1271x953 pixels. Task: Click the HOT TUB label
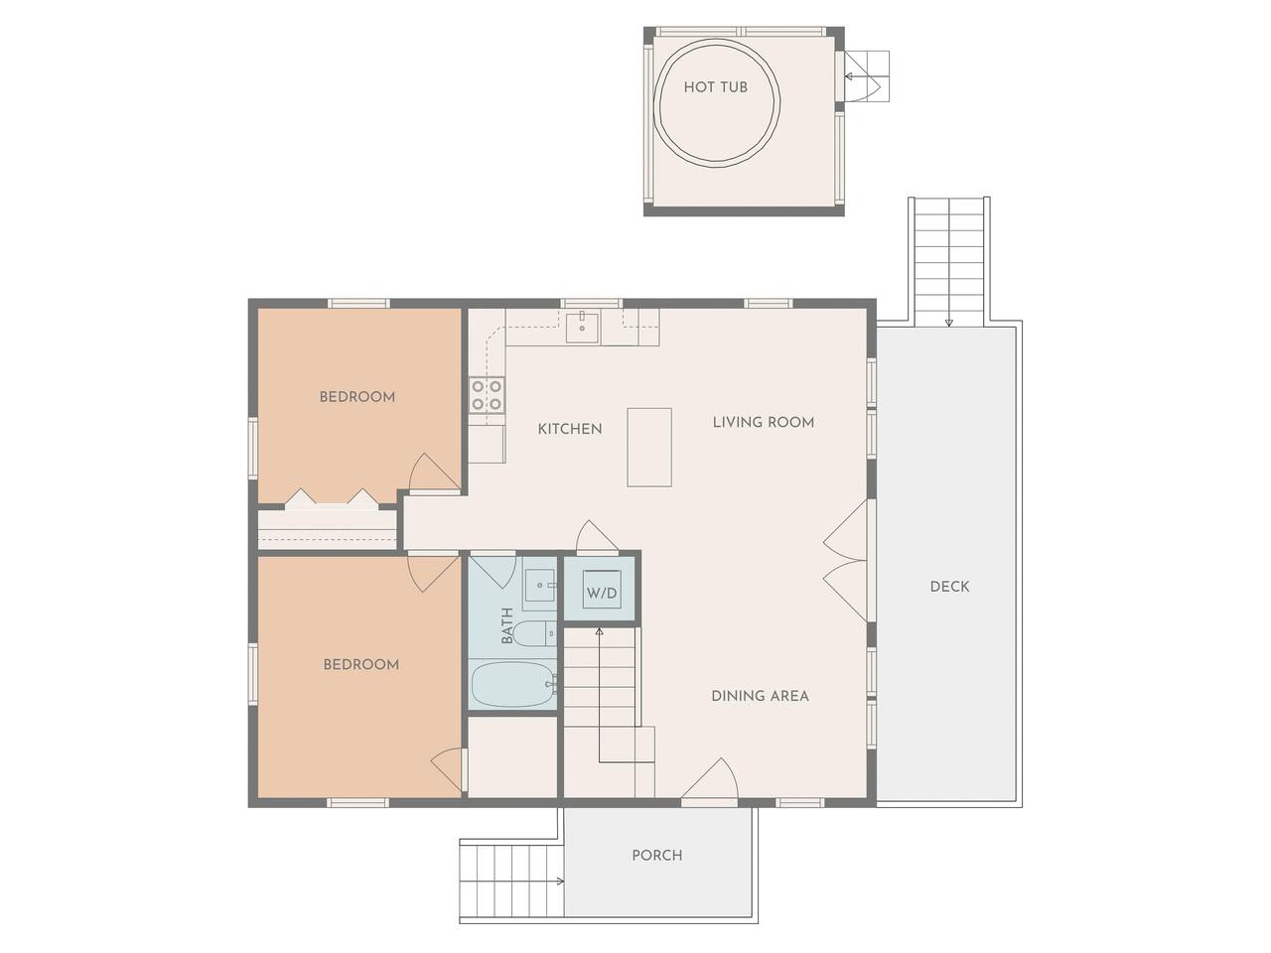coord(715,87)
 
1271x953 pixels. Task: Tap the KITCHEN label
coord(570,429)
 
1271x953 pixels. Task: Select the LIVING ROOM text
coord(764,423)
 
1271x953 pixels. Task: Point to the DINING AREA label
coord(760,696)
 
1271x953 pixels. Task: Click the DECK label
coord(949,587)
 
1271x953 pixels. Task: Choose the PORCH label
coord(656,855)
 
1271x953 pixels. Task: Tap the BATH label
coord(507,625)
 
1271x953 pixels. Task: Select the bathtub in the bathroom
coord(513,685)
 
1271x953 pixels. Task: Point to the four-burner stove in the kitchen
coord(487,395)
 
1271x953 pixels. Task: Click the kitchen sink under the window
coord(583,328)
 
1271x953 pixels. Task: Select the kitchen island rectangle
coord(649,448)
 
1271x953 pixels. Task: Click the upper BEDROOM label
coord(357,397)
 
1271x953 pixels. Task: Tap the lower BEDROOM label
coord(361,664)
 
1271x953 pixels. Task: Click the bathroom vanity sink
coord(539,585)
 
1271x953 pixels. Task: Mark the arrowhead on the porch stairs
coord(560,882)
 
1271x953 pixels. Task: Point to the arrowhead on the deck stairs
coord(948,323)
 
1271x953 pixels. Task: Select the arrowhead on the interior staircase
coord(600,632)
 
